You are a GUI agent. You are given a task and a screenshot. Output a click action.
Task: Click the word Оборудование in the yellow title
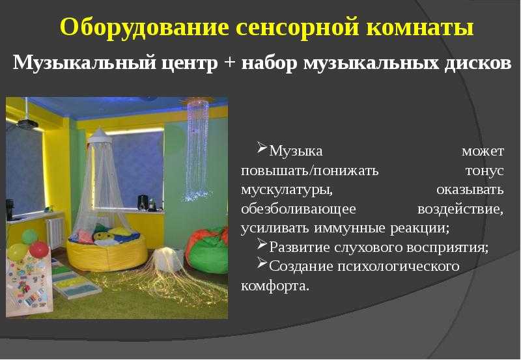(145, 27)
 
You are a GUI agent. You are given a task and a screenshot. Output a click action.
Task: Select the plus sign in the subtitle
(230, 62)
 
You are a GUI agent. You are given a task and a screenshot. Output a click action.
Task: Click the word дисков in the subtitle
(477, 62)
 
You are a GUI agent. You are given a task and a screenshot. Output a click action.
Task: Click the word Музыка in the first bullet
(296, 151)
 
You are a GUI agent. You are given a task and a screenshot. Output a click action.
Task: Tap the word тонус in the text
(485, 171)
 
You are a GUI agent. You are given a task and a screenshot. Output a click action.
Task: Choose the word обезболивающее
(298, 209)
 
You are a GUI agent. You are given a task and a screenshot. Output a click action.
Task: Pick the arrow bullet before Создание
(262, 264)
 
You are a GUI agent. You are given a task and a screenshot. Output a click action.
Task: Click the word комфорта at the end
(275, 286)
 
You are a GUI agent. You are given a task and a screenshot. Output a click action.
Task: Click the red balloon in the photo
(39, 249)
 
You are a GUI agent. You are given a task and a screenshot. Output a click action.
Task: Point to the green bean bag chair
(206, 251)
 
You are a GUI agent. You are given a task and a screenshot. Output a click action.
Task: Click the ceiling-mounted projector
(27, 124)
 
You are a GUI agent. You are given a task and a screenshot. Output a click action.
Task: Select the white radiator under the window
(55, 232)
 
